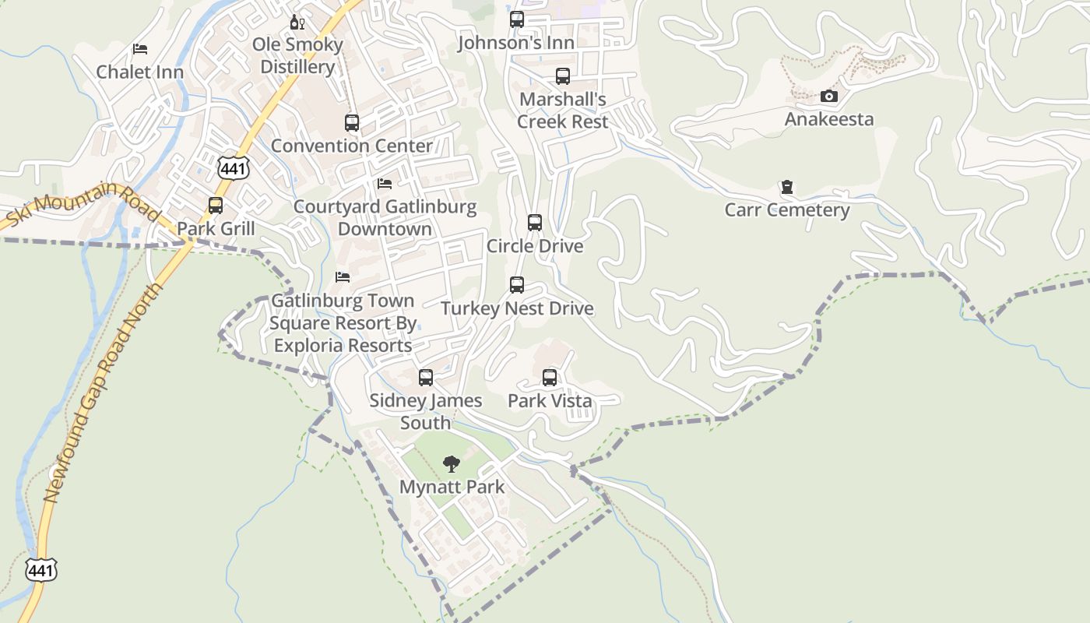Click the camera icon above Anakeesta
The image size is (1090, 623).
click(829, 97)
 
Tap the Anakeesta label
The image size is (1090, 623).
click(829, 119)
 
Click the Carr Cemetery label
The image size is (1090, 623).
click(787, 210)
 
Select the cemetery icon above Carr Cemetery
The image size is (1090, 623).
click(787, 188)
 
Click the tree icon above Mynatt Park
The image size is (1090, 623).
click(452, 465)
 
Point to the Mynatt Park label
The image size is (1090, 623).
click(452, 487)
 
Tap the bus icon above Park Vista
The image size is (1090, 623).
click(550, 378)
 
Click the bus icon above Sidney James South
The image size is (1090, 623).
click(426, 378)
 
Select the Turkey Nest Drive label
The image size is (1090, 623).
click(517, 308)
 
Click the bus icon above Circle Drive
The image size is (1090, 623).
click(535, 223)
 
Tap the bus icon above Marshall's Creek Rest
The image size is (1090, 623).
click(563, 76)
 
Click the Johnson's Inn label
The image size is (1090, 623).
click(516, 43)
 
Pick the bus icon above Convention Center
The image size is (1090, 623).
click(352, 122)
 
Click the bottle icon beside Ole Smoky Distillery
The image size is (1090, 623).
click(296, 22)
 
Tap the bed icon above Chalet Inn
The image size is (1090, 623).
click(140, 49)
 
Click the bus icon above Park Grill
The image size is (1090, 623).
click(216, 206)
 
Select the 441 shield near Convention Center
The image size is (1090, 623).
click(233, 169)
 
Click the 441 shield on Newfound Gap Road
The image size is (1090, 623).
click(40, 570)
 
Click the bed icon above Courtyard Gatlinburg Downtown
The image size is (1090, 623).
click(385, 184)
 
